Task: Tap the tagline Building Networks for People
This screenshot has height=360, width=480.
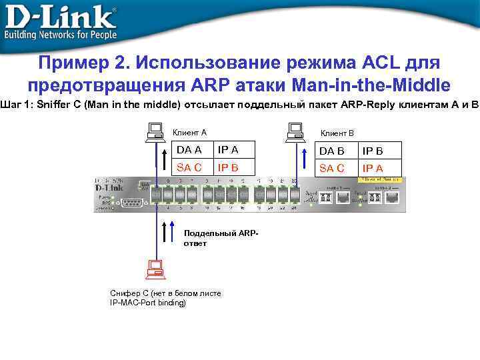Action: pos(61,35)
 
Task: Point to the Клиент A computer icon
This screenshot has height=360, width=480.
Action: pos(156,131)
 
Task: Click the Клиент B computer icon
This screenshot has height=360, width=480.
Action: pos(296,131)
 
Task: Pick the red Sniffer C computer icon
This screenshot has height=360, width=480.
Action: pos(156,268)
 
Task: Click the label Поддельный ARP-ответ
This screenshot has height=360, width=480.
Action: pos(220,238)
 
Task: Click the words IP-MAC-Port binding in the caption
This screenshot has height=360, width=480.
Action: pos(148,303)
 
